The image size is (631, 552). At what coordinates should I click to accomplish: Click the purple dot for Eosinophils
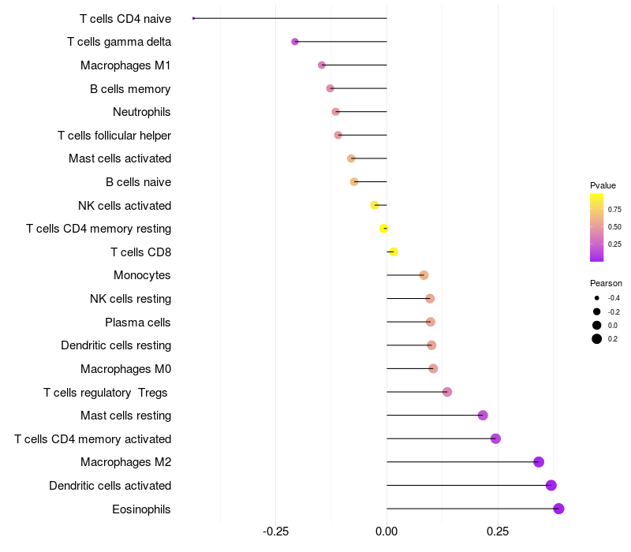558,509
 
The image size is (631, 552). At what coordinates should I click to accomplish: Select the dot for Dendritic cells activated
551,485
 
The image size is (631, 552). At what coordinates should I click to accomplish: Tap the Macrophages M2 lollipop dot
539,462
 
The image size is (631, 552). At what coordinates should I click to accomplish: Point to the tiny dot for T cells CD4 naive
193,18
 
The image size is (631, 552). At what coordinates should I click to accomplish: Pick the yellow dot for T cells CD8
393,252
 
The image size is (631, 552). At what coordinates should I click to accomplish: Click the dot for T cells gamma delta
295,42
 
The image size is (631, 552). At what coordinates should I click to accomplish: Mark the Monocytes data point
424,275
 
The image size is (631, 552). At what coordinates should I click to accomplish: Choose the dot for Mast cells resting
483,416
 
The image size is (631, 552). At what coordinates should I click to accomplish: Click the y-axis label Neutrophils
142,112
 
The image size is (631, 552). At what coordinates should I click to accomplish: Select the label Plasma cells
138,323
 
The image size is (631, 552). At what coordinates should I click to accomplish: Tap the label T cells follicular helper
114,136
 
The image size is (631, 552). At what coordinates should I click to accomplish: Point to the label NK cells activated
125,206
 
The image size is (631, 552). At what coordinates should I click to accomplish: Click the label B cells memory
130,89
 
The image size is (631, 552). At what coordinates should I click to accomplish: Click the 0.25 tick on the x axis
498,531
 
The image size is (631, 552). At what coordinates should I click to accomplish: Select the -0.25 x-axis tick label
274,531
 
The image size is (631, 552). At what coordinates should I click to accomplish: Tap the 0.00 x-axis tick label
386,531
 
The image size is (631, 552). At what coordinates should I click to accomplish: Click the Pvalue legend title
603,185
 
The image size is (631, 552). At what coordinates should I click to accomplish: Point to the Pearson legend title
606,283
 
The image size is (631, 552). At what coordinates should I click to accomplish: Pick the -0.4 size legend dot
597,298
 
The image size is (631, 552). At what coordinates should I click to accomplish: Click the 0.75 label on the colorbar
614,210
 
